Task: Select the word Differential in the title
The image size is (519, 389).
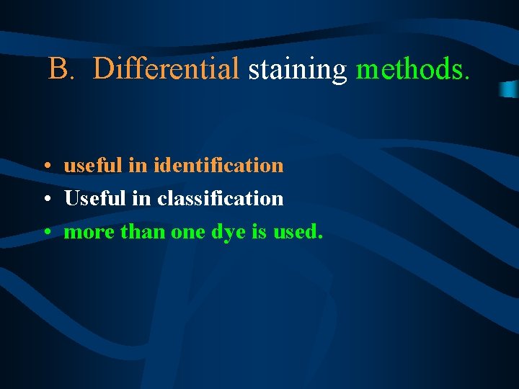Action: (x=167, y=69)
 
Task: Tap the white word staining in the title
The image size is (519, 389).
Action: (x=298, y=69)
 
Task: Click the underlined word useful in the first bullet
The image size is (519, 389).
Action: (x=93, y=165)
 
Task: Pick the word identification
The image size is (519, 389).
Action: (x=218, y=165)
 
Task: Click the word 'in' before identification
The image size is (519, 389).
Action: (x=138, y=165)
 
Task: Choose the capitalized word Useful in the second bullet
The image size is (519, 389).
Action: (x=93, y=198)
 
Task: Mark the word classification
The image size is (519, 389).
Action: (x=220, y=198)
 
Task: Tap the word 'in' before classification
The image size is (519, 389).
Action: (x=138, y=198)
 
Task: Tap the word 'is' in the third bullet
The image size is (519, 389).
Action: (x=260, y=232)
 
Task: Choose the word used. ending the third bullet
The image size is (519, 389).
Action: (x=298, y=232)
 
